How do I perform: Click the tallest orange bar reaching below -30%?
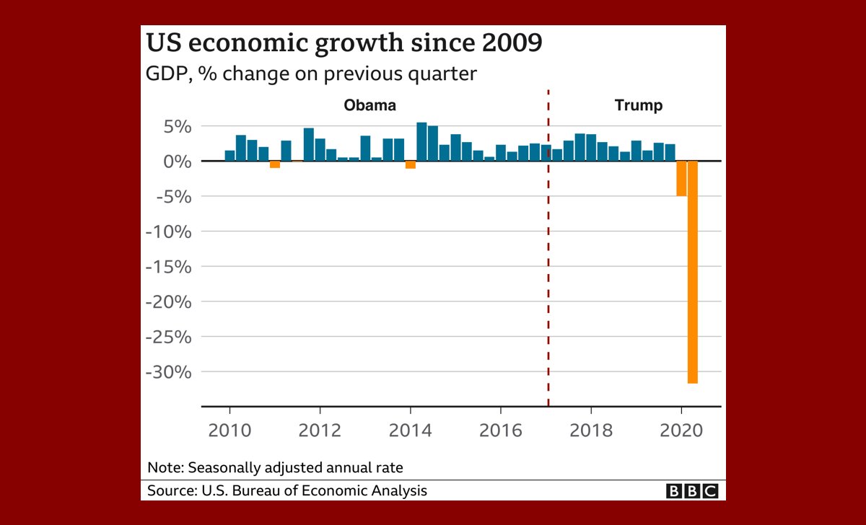[693, 272]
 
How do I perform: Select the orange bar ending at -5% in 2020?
[681, 178]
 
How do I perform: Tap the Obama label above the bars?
[369, 106]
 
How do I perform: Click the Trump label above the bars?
[638, 106]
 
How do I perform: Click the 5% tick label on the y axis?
[175, 126]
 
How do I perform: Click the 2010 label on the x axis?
[229, 431]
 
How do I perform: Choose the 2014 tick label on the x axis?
[410, 431]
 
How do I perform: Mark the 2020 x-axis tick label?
[681, 431]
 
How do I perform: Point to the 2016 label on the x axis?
[500, 431]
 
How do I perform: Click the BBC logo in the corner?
[692, 491]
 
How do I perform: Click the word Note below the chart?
[165, 467]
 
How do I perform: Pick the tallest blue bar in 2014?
[422, 142]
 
